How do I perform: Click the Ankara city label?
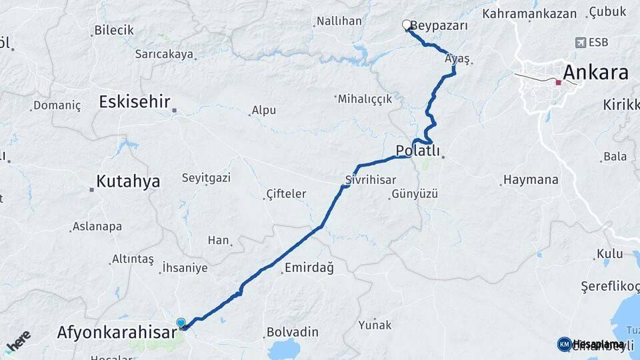pyautogui.click(x=595, y=72)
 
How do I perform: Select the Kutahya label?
pyautogui.click(x=128, y=181)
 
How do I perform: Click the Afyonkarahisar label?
pyautogui.click(x=116, y=331)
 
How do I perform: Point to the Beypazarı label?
pyautogui.click(x=439, y=26)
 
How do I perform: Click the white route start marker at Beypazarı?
pyautogui.click(x=407, y=25)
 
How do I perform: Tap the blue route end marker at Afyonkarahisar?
pyautogui.click(x=181, y=324)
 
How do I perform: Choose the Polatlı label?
pyautogui.click(x=418, y=151)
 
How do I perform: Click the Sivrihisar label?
pyautogui.click(x=371, y=179)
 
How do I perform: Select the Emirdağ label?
pyautogui.click(x=309, y=268)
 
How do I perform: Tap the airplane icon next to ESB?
pyautogui.click(x=581, y=43)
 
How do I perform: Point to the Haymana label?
pyautogui.click(x=531, y=180)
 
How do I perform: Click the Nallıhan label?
pyautogui.click(x=339, y=21)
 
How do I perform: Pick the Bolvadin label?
pyautogui.click(x=292, y=332)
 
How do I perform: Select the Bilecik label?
pyautogui.click(x=114, y=30)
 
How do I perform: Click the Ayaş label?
pyautogui.click(x=457, y=59)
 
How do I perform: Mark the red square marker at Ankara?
pyautogui.click(x=558, y=83)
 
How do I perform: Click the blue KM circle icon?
pyautogui.click(x=564, y=344)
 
